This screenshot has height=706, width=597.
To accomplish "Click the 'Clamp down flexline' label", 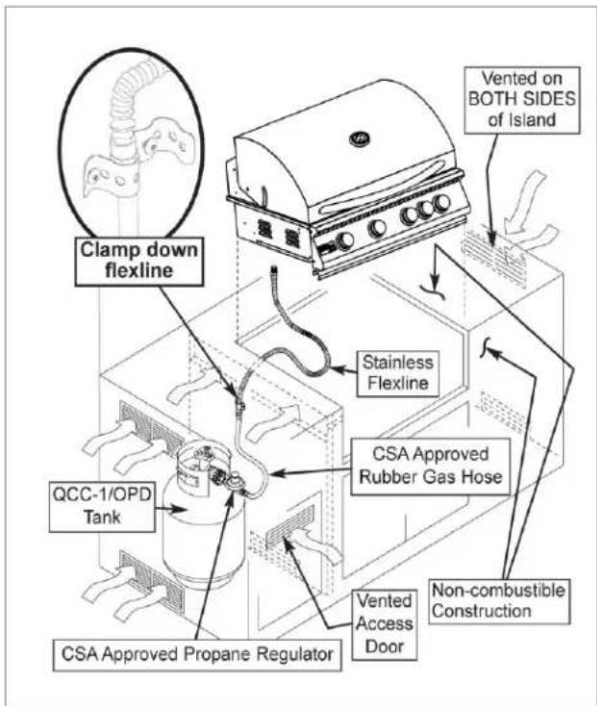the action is click(139, 261).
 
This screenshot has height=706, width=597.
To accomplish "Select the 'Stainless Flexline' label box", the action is click(398, 373).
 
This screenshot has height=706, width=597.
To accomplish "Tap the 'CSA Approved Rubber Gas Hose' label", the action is click(431, 466).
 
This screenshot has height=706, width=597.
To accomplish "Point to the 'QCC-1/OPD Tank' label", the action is click(102, 506).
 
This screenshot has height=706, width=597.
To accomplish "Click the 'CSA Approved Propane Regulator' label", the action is click(197, 655).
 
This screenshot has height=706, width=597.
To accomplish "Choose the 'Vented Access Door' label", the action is click(385, 624).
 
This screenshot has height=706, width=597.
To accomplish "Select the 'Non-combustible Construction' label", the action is click(499, 601).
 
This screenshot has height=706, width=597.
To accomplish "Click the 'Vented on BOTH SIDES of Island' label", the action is click(522, 100).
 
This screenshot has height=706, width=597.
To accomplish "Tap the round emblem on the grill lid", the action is click(361, 139).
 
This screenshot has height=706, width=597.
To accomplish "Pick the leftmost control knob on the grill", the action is click(345, 241).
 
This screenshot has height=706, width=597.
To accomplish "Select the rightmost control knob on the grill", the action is click(441, 204).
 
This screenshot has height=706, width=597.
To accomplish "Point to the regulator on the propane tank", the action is click(233, 484).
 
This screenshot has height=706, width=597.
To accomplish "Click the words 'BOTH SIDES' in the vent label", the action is click(522, 99).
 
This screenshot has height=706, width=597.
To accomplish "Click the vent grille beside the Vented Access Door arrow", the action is click(290, 525).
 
